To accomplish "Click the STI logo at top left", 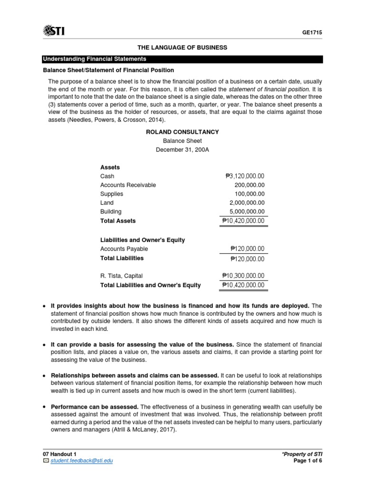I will tap(54, 31).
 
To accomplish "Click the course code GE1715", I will tap(312, 32).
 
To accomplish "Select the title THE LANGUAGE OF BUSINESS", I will tap(182, 47).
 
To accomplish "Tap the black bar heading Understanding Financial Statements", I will tap(95, 59).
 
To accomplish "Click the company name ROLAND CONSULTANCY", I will tap(182, 131).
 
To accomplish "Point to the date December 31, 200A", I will tap(182, 150).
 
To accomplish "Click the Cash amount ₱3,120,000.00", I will tap(245, 176).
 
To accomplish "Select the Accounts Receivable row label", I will tap(128, 185).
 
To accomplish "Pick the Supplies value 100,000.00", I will tap(250, 194).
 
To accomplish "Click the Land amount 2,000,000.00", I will tap(247, 203).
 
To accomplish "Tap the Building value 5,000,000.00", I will tap(247, 212).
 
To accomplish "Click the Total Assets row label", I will tap(118, 221).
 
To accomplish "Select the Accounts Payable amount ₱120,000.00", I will tap(247, 249).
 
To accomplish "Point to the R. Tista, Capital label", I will tap(121, 276).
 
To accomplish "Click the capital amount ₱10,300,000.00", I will tap(243, 276).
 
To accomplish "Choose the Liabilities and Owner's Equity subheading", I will tap(143, 240).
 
